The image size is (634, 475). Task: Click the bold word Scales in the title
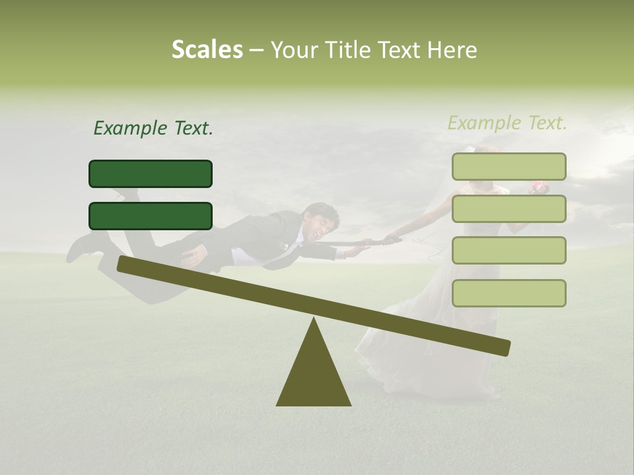click(x=207, y=50)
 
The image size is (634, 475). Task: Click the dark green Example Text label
click(x=153, y=129)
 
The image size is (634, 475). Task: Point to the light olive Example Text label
click(x=507, y=123)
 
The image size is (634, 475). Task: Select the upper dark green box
click(x=151, y=174)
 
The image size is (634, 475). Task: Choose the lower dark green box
click(x=151, y=216)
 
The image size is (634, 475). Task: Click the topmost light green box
click(x=509, y=167)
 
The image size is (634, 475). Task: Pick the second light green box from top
click(x=509, y=209)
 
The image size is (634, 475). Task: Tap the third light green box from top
click(x=509, y=251)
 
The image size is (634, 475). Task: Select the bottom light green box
click(x=509, y=293)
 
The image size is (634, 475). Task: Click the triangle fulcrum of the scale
click(x=314, y=376)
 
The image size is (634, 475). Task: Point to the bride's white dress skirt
click(x=423, y=350)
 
